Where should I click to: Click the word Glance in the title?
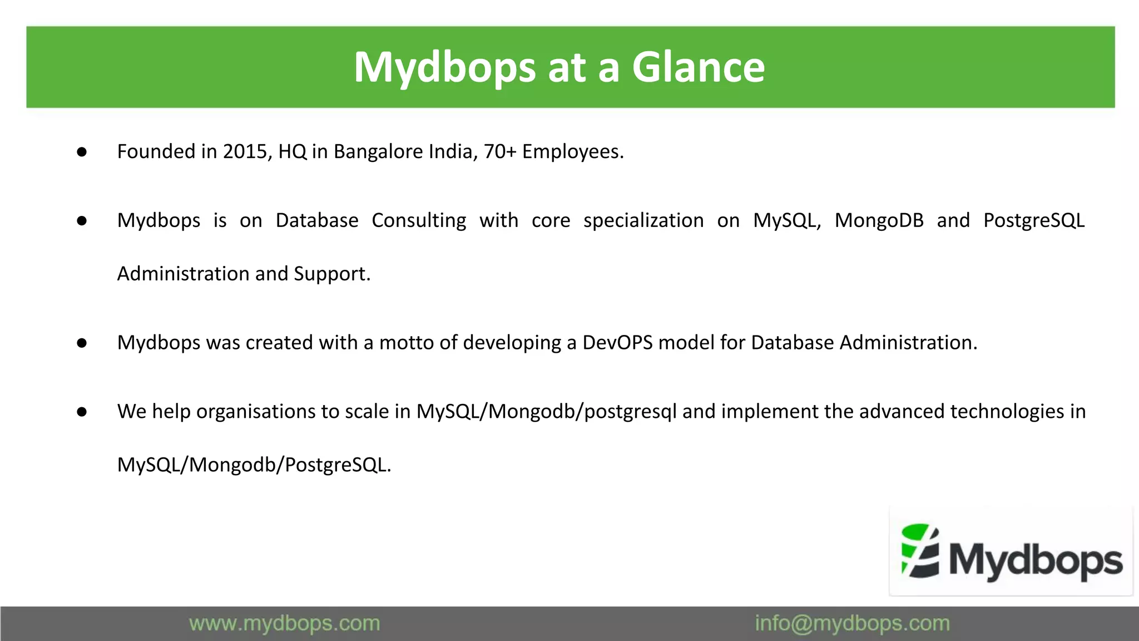(698, 67)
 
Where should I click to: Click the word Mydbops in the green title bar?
(444, 67)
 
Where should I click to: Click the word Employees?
(572, 151)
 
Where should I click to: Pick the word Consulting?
(419, 220)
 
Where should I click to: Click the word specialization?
(643, 220)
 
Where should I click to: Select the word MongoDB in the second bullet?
(879, 220)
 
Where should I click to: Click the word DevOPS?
(617, 343)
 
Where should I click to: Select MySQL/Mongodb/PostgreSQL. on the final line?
(254, 465)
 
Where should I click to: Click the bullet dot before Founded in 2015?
(82, 152)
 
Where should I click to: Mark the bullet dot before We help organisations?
(82, 412)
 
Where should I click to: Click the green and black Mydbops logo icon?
(920, 551)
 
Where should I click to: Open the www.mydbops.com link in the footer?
(284, 623)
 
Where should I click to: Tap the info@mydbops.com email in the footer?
(852, 623)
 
